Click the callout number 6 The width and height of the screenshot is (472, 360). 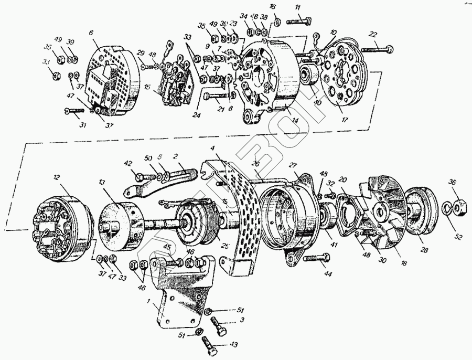[x=91, y=33]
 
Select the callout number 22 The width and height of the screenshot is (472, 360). [x=373, y=35]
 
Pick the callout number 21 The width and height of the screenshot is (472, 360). [x=221, y=109]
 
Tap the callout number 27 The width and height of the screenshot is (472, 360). [x=293, y=165]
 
